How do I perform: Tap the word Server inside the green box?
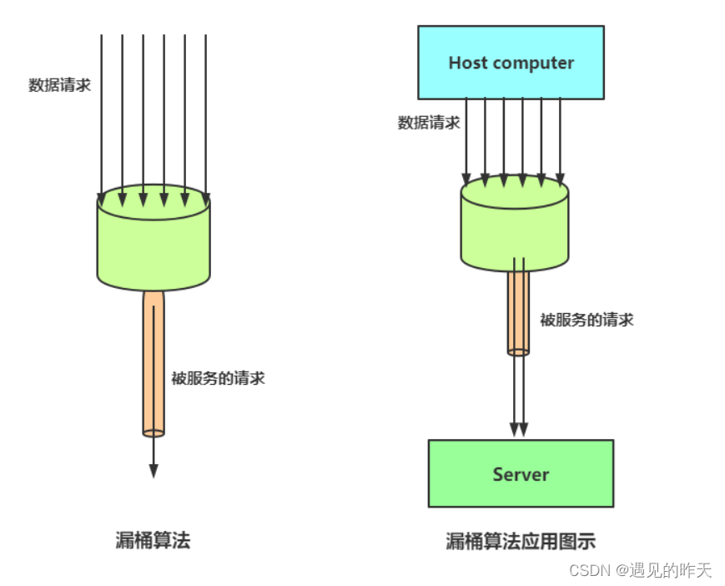[x=521, y=474]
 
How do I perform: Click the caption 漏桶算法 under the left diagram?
[x=153, y=540]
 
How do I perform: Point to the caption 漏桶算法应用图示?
[x=521, y=541]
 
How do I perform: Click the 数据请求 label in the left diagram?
[x=59, y=85]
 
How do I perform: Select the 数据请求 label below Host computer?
[x=428, y=123]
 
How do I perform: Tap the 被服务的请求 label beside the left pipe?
[x=218, y=377]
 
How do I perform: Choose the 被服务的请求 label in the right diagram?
[x=587, y=319]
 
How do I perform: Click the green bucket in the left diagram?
[x=154, y=242]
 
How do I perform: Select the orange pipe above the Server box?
[x=518, y=313]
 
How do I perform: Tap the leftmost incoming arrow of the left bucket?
[x=102, y=117]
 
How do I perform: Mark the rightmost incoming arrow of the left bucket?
[x=205, y=117]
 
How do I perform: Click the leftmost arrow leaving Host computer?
[x=466, y=138]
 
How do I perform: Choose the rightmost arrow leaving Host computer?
[x=560, y=138]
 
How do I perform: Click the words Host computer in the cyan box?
[x=511, y=63]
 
